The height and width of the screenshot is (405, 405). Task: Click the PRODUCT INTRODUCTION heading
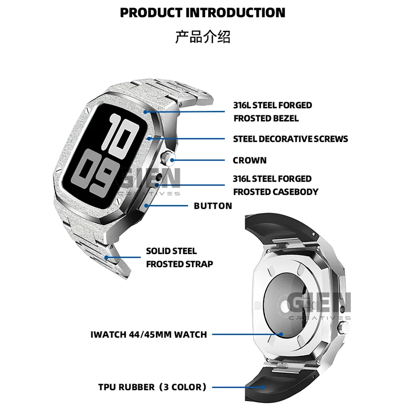tap(202, 13)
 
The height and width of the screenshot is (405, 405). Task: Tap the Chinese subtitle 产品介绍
tap(202, 37)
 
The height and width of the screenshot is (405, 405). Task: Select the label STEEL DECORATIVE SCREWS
tap(291, 139)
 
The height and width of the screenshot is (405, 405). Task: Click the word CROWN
tap(250, 160)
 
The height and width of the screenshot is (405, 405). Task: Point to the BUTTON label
tap(213, 206)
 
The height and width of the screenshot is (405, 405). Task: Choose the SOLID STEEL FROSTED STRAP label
tap(179, 257)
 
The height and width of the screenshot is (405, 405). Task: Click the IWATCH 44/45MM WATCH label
tap(148, 334)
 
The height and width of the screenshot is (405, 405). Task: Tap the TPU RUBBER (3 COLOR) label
tap(152, 387)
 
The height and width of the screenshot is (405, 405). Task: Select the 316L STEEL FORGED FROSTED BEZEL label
tap(272, 112)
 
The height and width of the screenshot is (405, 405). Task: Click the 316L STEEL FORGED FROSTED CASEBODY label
tap(275, 185)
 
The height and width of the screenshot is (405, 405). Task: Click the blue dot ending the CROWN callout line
tap(173, 160)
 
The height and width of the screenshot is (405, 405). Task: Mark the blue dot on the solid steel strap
tap(106, 257)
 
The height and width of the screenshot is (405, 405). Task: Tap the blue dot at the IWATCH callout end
tap(281, 334)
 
